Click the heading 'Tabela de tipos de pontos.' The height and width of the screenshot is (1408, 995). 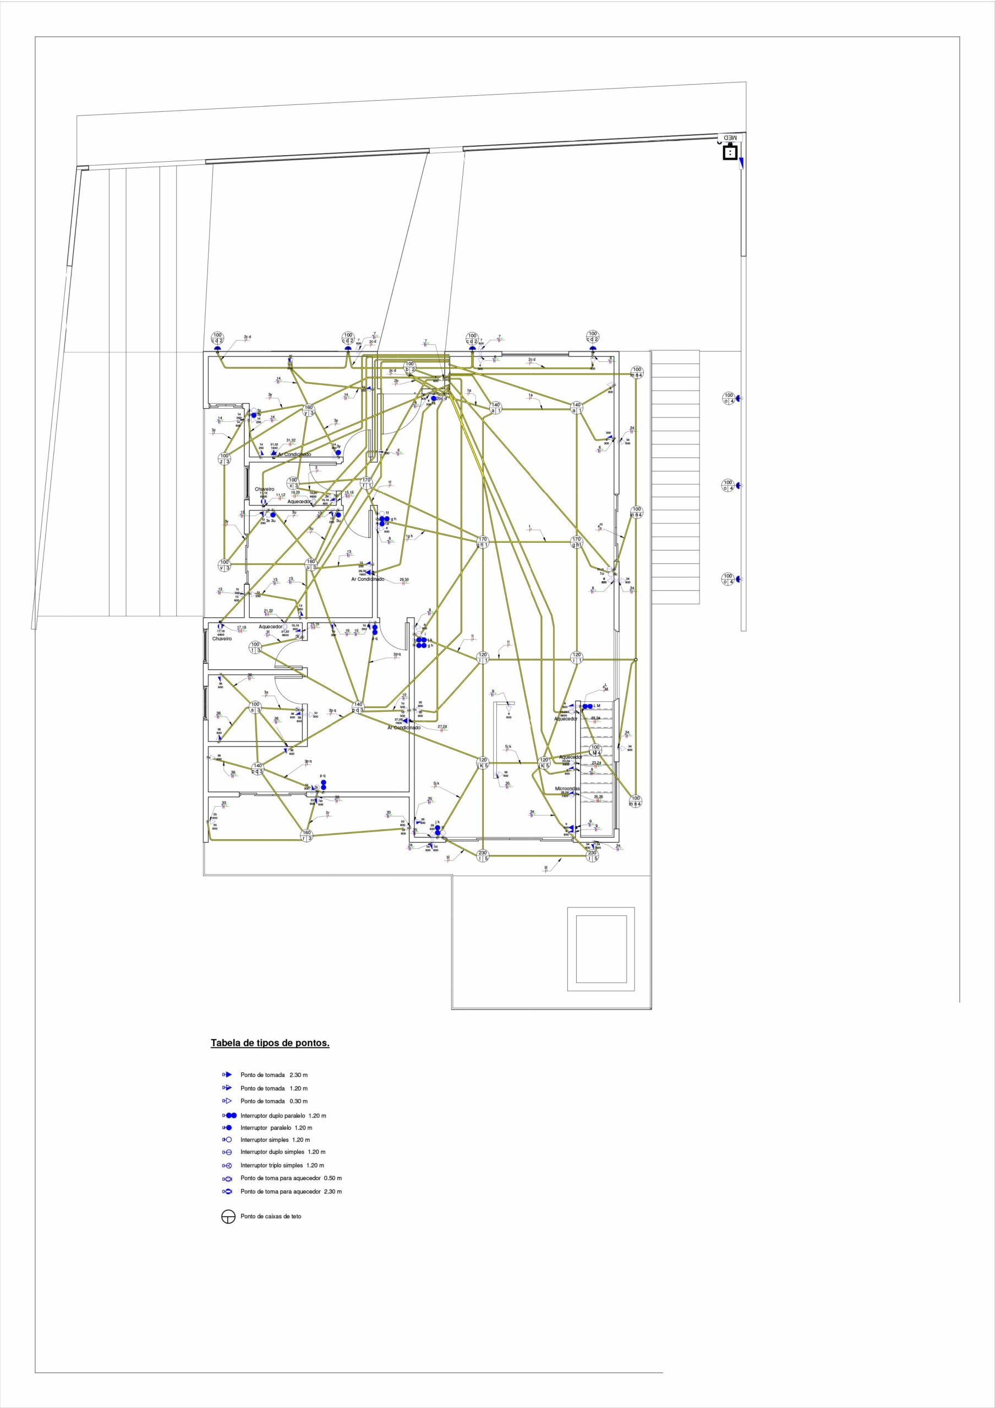click(270, 1042)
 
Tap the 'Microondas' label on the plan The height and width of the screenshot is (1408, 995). click(567, 789)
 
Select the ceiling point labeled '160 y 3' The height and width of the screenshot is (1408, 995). click(309, 410)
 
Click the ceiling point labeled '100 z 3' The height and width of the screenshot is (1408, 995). click(225, 458)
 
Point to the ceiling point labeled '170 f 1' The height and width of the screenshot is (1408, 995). click(366, 482)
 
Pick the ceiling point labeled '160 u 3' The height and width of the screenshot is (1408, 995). click(311, 564)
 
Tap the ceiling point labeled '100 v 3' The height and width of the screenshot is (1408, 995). click(225, 564)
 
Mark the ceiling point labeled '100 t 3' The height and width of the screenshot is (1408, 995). click(256, 647)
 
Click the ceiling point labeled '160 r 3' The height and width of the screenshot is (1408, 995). click(307, 835)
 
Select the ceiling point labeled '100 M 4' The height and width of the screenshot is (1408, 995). click(595, 750)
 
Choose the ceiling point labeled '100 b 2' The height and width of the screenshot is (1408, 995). click(410, 367)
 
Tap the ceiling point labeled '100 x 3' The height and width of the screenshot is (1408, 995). click(293, 482)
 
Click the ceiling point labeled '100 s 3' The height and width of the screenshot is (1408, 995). click(256, 707)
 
